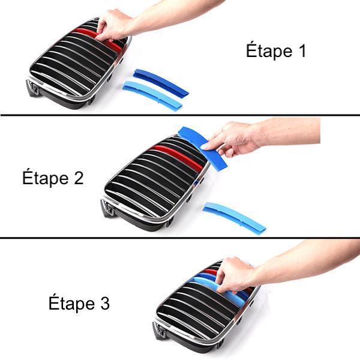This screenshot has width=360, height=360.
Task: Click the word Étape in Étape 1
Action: pos(269,51)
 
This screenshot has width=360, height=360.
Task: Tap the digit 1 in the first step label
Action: pos(302,50)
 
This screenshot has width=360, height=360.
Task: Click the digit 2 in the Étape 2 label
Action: pos(79,178)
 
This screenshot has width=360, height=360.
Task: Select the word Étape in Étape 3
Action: pos(71,304)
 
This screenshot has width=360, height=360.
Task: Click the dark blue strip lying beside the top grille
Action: pos(161,82)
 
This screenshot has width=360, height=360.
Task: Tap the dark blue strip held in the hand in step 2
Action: pos(202,148)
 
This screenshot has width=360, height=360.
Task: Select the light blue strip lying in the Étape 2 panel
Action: pos(234,217)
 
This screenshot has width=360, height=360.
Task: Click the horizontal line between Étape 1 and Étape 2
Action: pos(180,115)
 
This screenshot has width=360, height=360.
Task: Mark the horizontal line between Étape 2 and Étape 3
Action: pos(180,238)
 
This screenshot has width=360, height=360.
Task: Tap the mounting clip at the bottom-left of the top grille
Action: pos(33,88)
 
